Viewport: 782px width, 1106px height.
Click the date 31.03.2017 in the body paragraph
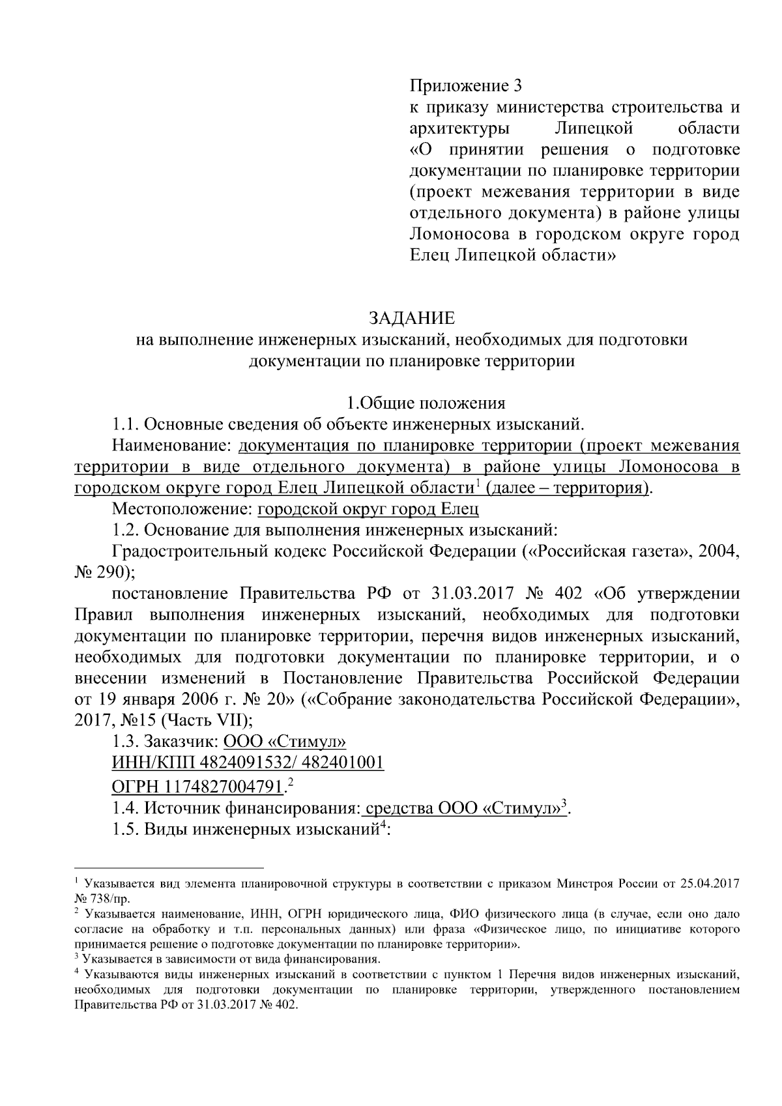pos(473,594)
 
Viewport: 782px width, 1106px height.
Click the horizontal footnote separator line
pos(169,868)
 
